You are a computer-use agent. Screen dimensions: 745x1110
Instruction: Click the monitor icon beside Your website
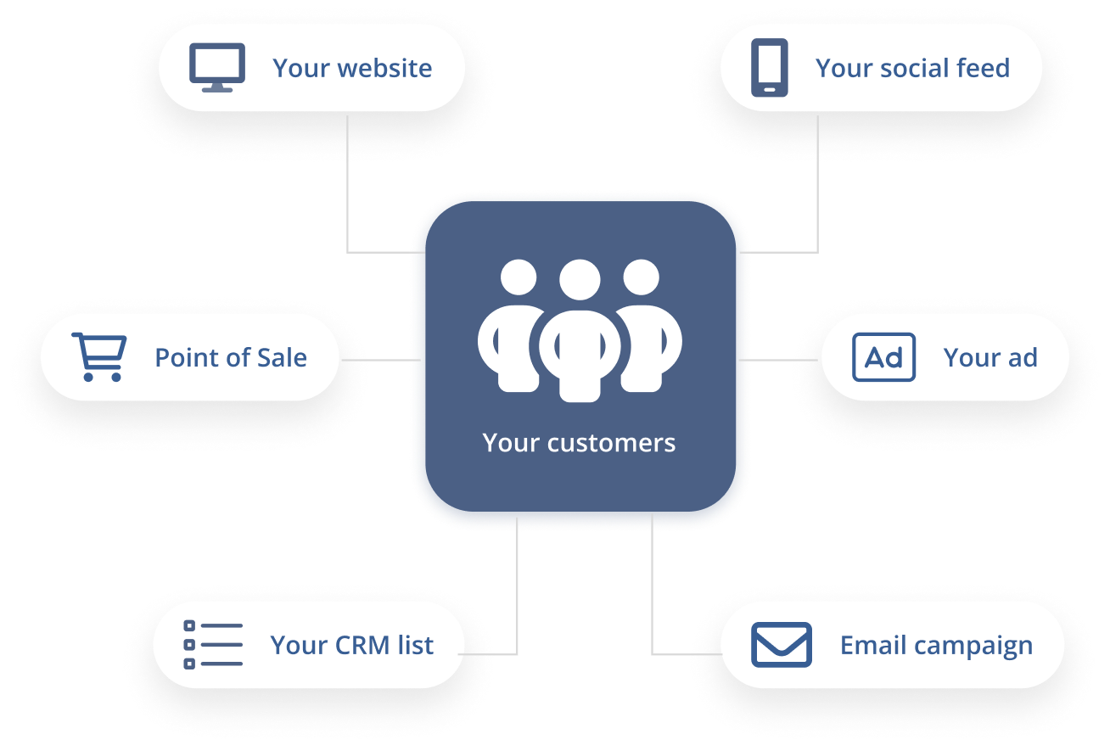(217, 68)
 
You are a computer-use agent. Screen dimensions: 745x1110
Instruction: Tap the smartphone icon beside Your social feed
(770, 68)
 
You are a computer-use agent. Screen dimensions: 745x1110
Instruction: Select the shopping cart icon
(99, 357)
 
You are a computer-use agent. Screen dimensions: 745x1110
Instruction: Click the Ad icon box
(883, 357)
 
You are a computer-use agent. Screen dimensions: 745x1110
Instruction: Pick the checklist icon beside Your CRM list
(213, 644)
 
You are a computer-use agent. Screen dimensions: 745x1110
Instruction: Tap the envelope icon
(781, 645)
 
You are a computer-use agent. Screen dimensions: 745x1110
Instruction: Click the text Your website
(352, 69)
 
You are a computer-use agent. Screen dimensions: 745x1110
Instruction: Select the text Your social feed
(912, 69)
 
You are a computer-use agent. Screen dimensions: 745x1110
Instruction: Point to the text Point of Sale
(231, 358)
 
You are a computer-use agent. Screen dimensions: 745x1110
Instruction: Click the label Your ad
(990, 358)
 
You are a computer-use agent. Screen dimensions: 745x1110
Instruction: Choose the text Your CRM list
(351, 646)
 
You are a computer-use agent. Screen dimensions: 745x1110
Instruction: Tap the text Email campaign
(936, 646)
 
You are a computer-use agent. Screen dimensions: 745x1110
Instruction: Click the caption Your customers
(579, 443)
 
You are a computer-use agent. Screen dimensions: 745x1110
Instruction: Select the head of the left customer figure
(519, 277)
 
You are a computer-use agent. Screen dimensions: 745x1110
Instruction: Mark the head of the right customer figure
(641, 277)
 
